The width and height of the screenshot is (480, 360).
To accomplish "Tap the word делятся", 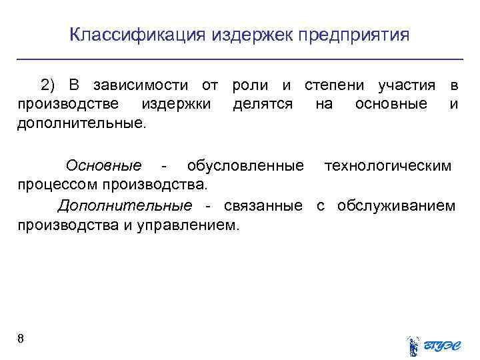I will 263,105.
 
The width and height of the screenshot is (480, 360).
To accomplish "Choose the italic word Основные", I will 103,165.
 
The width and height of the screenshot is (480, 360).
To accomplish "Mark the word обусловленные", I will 245,165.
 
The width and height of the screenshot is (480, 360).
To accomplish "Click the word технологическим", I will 387,165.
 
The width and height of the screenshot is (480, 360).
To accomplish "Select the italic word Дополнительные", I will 125,205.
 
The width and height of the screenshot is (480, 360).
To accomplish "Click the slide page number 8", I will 21,339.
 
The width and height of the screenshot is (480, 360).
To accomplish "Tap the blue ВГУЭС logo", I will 433,344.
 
